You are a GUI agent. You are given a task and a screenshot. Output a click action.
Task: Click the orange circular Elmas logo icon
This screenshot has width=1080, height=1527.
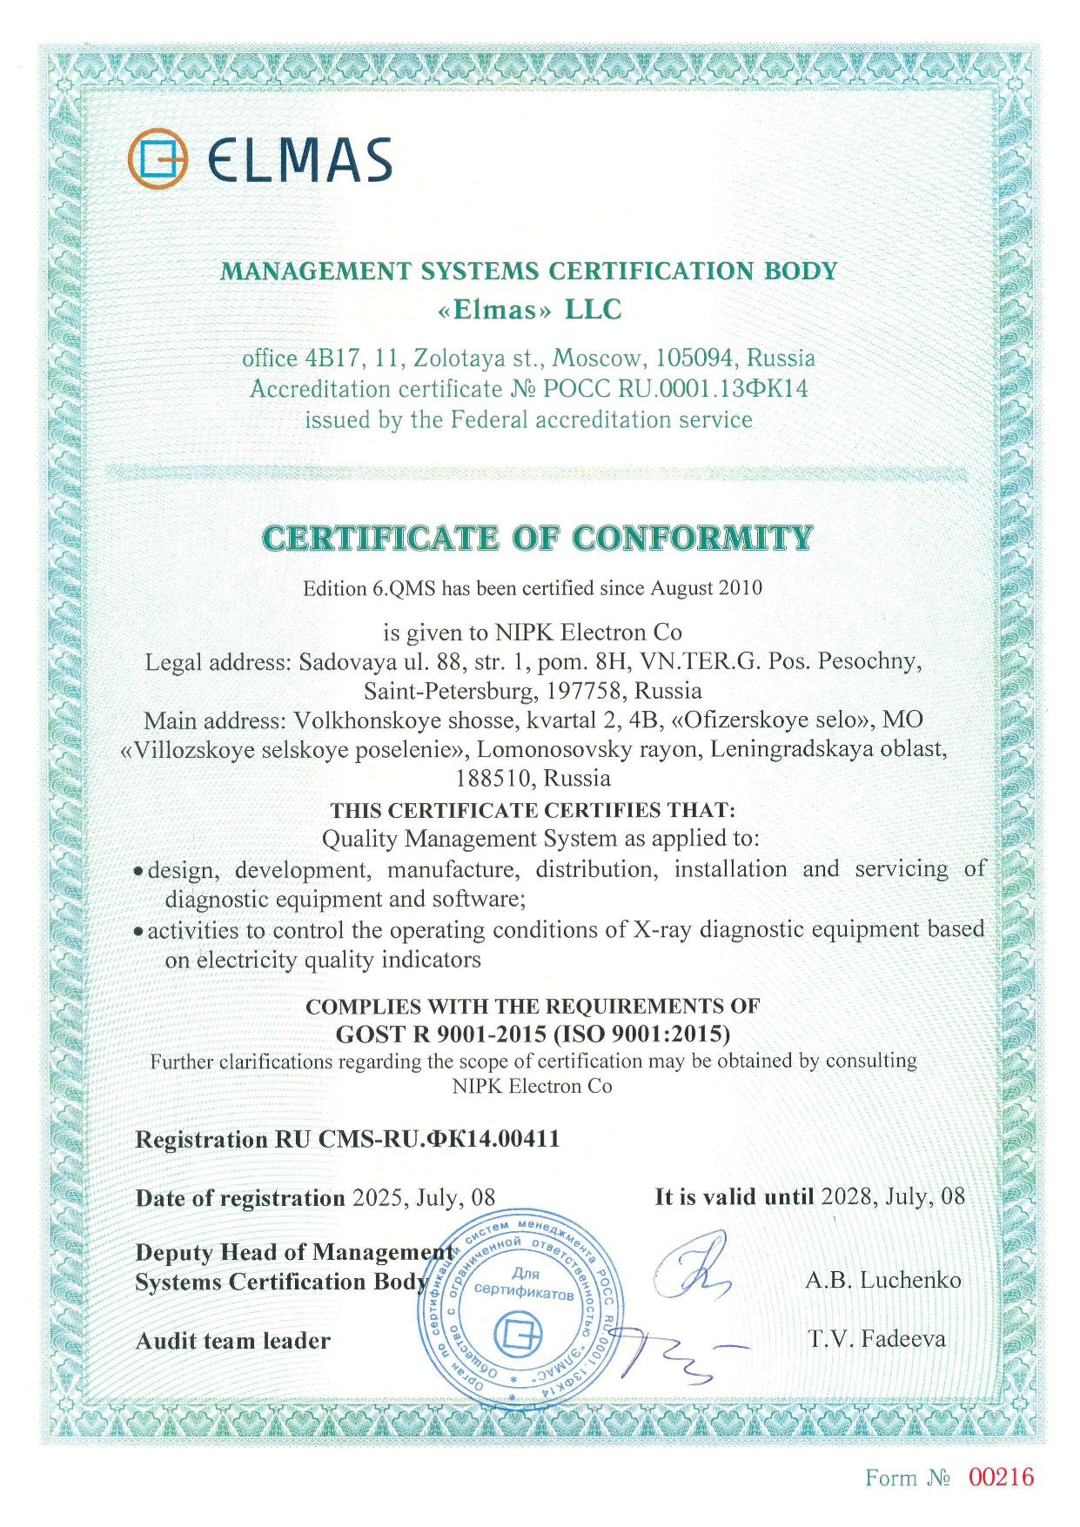tap(158, 158)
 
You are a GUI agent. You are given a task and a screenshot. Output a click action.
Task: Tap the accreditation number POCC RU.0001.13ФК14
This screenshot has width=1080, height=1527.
tap(675, 389)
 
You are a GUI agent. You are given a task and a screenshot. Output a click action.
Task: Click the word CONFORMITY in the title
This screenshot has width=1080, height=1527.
tap(693, 539)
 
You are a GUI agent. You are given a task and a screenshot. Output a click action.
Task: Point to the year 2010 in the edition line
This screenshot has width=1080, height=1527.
tap(741, 588)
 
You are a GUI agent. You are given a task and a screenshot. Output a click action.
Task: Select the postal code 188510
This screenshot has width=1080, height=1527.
tap(491, 777)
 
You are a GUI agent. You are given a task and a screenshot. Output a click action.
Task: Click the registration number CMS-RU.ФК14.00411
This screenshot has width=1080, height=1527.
tap(439, 1139)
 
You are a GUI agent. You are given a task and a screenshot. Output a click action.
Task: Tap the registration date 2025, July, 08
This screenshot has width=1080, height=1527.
tap(423, 1198)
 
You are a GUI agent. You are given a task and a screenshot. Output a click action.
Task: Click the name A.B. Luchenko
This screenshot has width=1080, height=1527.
tap(882, 1280)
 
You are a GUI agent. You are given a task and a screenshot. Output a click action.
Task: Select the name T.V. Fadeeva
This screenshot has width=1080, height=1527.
tap(876, 1339)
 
